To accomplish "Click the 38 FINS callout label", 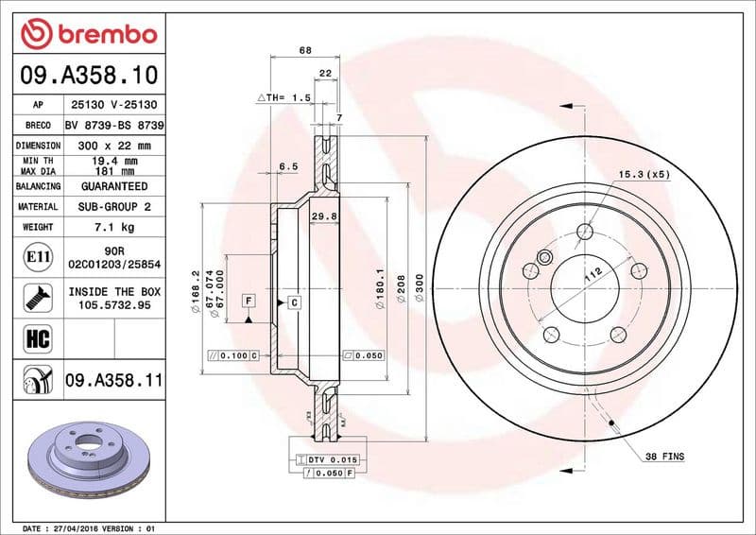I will coord(664,457).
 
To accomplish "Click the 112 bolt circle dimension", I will coord(593,275).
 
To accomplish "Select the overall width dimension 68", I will coord(304,50).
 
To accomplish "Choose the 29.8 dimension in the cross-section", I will coord(323,216).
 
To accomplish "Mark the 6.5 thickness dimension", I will coord(287,166).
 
